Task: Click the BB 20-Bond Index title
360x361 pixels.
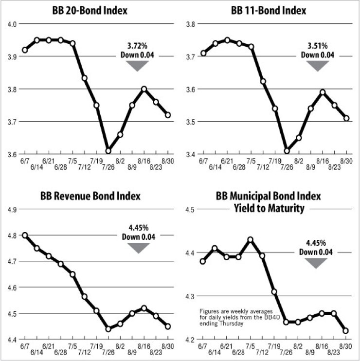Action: pos(96,11)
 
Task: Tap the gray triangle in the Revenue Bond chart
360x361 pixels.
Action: pos(138,247)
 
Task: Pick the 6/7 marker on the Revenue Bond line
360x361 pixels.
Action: pos(25,235)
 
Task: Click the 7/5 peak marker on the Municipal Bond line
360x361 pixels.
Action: pos(251,240)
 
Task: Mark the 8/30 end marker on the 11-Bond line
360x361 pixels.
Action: pos(345,118)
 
